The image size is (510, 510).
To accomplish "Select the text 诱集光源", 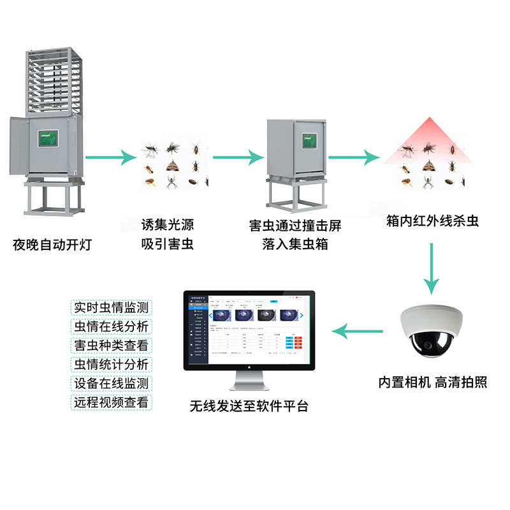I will point(167,225).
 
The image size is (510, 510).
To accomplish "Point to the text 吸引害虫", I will point(167,244).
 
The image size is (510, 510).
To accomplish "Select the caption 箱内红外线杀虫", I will point(432,221).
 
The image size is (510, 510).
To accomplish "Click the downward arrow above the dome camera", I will point(433,268).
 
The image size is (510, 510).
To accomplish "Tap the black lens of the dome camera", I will point(425,347).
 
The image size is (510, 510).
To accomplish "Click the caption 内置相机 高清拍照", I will point(433,382).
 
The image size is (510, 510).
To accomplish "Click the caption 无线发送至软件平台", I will point(249,405).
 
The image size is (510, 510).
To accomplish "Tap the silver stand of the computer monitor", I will point(249,382).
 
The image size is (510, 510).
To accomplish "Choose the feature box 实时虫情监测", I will point(111,307).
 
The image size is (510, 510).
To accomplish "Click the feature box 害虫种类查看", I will point(111,345).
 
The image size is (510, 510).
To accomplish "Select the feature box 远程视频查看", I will point(111,402).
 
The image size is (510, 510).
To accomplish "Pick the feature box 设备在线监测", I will point(111,383).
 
